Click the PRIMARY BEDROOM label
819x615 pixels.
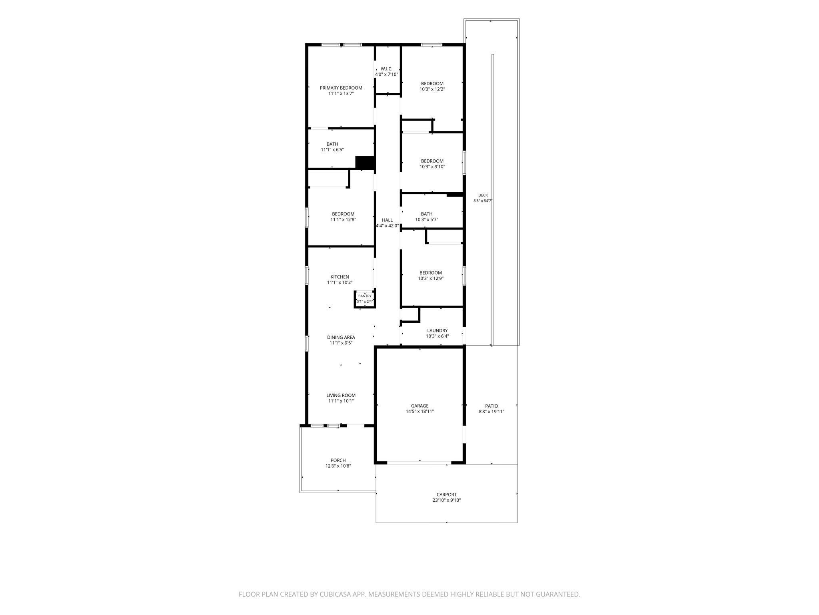click(341, 88)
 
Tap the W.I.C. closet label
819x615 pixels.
click(386, 69)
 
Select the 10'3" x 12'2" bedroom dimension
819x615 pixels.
click(432, 89)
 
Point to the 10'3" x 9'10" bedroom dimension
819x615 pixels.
click(432, 167)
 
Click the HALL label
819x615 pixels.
click(387, 220)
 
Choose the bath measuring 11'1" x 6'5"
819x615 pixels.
click(332, 144)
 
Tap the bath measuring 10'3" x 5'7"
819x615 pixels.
click(427, 214)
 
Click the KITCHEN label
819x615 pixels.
click(340, 277)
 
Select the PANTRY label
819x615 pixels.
click(365, 296)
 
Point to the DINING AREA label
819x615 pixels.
click(341, 338)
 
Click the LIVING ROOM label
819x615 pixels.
click(341, 396)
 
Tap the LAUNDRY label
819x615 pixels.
click(437, 331)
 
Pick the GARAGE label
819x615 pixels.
click(419, 406)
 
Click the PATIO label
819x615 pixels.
click(491, 406)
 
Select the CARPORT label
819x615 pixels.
click(446, 494)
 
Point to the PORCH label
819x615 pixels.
click(338, 460)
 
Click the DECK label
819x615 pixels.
click(483, 195)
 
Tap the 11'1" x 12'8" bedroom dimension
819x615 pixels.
click(343, 219)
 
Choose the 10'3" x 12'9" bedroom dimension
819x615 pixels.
click(430, 278)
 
